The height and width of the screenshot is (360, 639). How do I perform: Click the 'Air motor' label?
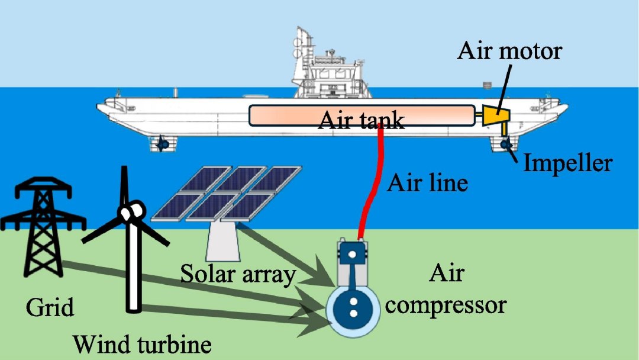509,51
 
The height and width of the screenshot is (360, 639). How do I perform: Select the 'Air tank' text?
362,121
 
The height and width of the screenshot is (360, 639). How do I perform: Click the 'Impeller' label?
567,162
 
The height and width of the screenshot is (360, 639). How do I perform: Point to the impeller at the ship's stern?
504,144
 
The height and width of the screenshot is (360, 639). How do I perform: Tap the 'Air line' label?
427,183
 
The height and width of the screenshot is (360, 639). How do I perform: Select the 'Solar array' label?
237,275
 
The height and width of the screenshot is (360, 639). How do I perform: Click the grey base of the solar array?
224,240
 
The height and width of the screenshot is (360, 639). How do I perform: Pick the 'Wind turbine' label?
142,343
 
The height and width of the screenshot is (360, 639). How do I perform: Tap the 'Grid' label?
50,308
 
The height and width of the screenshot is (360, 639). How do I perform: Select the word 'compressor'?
450,305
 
